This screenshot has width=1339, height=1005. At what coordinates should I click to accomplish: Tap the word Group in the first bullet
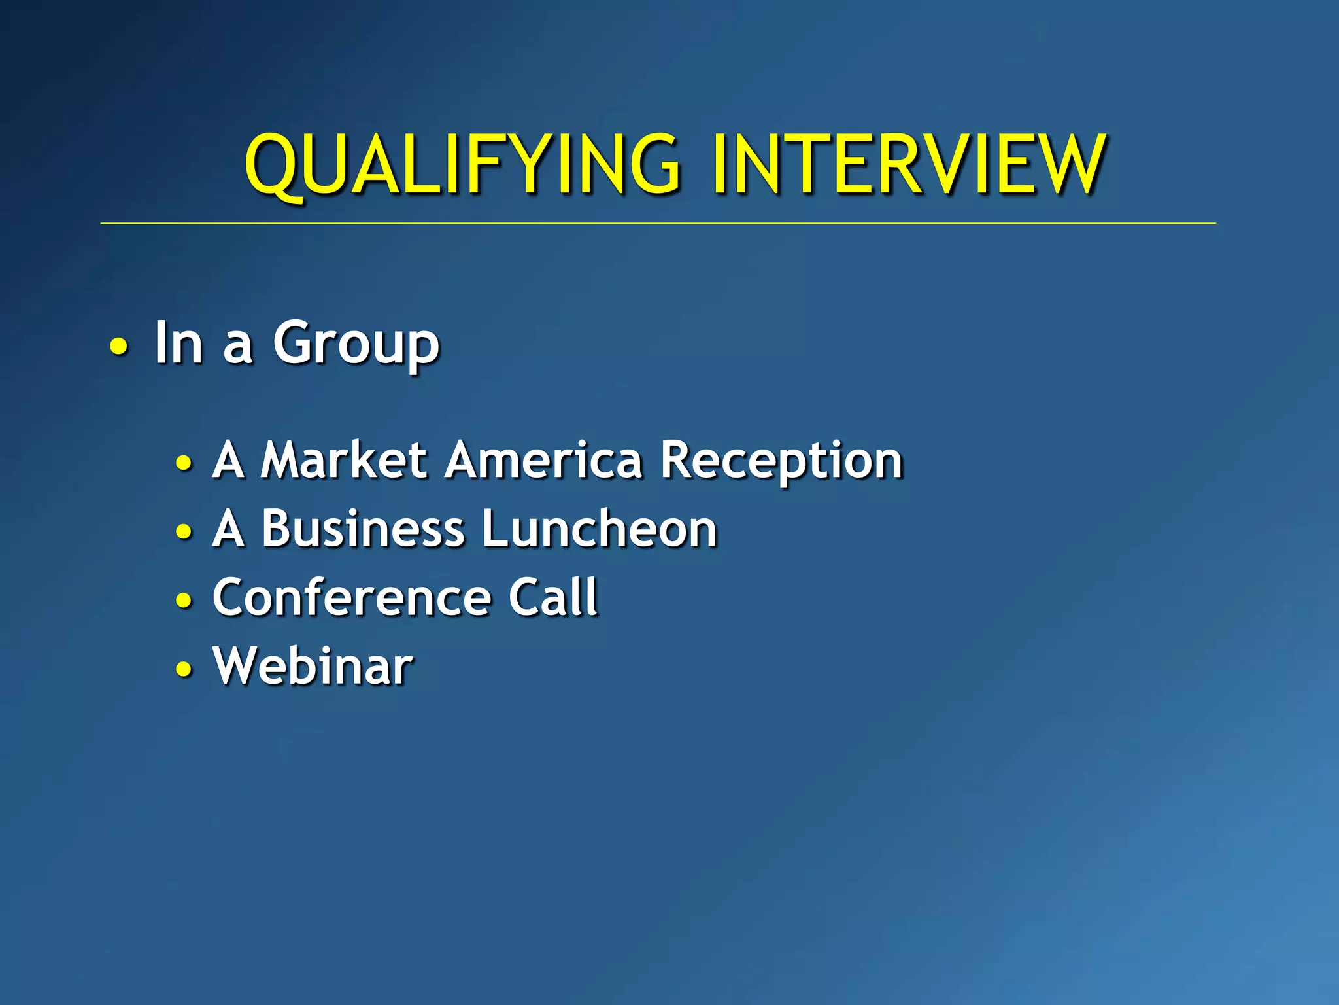[x=356, y=344]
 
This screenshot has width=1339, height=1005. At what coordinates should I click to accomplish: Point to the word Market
[x=344, y=460]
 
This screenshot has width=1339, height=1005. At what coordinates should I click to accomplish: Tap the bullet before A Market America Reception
[x=184, y=463]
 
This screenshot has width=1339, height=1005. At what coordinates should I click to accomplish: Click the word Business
[x=362, y=529]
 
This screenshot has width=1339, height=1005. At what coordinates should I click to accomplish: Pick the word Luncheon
[x=600, y=529]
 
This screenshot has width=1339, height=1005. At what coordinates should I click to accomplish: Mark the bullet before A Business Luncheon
[x=184, y=531]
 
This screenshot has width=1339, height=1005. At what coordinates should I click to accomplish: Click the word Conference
[x=352, y=597]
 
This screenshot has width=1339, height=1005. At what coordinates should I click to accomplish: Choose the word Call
[x=553, y=597]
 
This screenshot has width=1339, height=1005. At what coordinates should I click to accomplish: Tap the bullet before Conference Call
[x=184, y=600]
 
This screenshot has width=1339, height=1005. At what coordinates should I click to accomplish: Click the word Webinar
[x=313, y=666]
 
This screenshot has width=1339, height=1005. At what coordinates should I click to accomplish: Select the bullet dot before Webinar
[x=184, y=669]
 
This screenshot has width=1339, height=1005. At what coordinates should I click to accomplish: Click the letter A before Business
[x=228, y=529]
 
